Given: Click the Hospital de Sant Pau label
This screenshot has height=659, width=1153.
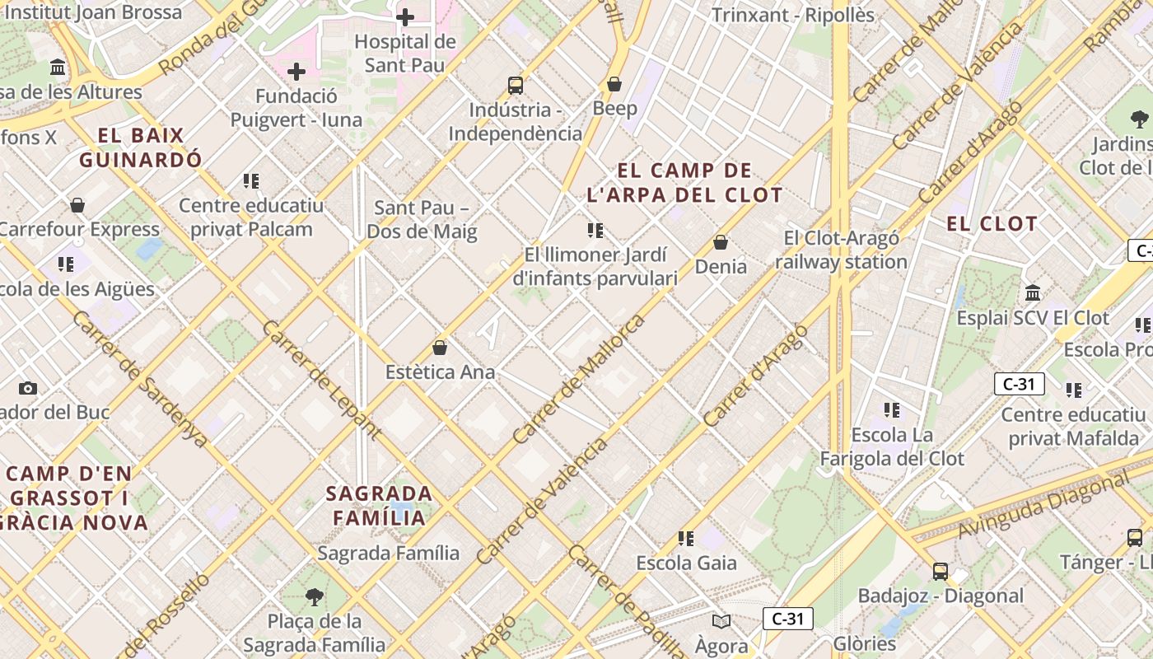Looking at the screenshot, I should point(404,54).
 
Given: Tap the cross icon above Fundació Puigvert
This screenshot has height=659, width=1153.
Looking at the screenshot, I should point(296,72).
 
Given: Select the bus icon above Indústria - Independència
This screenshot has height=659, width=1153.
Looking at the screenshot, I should point(516,85).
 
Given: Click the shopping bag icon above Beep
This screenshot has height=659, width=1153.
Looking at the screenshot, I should point(614,84).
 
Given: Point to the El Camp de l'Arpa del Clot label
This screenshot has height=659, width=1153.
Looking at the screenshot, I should point(684,183).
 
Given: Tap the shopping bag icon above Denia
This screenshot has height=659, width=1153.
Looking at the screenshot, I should point(721,242).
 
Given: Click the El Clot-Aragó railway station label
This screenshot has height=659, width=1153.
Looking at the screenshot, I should point(841,250).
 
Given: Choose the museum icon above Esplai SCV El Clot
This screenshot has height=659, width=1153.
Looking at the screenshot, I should point(1033,292).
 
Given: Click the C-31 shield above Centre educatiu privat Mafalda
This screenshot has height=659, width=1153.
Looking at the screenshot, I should point(1020,384).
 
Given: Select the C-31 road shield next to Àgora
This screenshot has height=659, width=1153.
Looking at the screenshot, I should point(788,619).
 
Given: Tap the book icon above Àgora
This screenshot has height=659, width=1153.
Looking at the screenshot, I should point(721,622).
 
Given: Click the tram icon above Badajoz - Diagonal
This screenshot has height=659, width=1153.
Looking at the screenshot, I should point(941,571).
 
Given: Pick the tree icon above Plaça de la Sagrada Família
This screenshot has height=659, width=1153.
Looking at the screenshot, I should point(314,596).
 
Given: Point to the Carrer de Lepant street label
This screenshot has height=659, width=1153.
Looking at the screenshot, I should point(321,380).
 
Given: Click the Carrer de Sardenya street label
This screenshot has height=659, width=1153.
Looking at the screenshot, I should point(140,380).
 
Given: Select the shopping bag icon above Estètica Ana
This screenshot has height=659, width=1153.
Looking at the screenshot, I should point(440,348).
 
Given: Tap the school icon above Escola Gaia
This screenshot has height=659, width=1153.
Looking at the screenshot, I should point(686,539).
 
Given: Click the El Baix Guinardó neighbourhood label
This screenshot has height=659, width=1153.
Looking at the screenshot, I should point(140,147).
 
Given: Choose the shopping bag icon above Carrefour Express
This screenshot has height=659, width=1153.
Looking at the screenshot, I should point(77,205).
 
